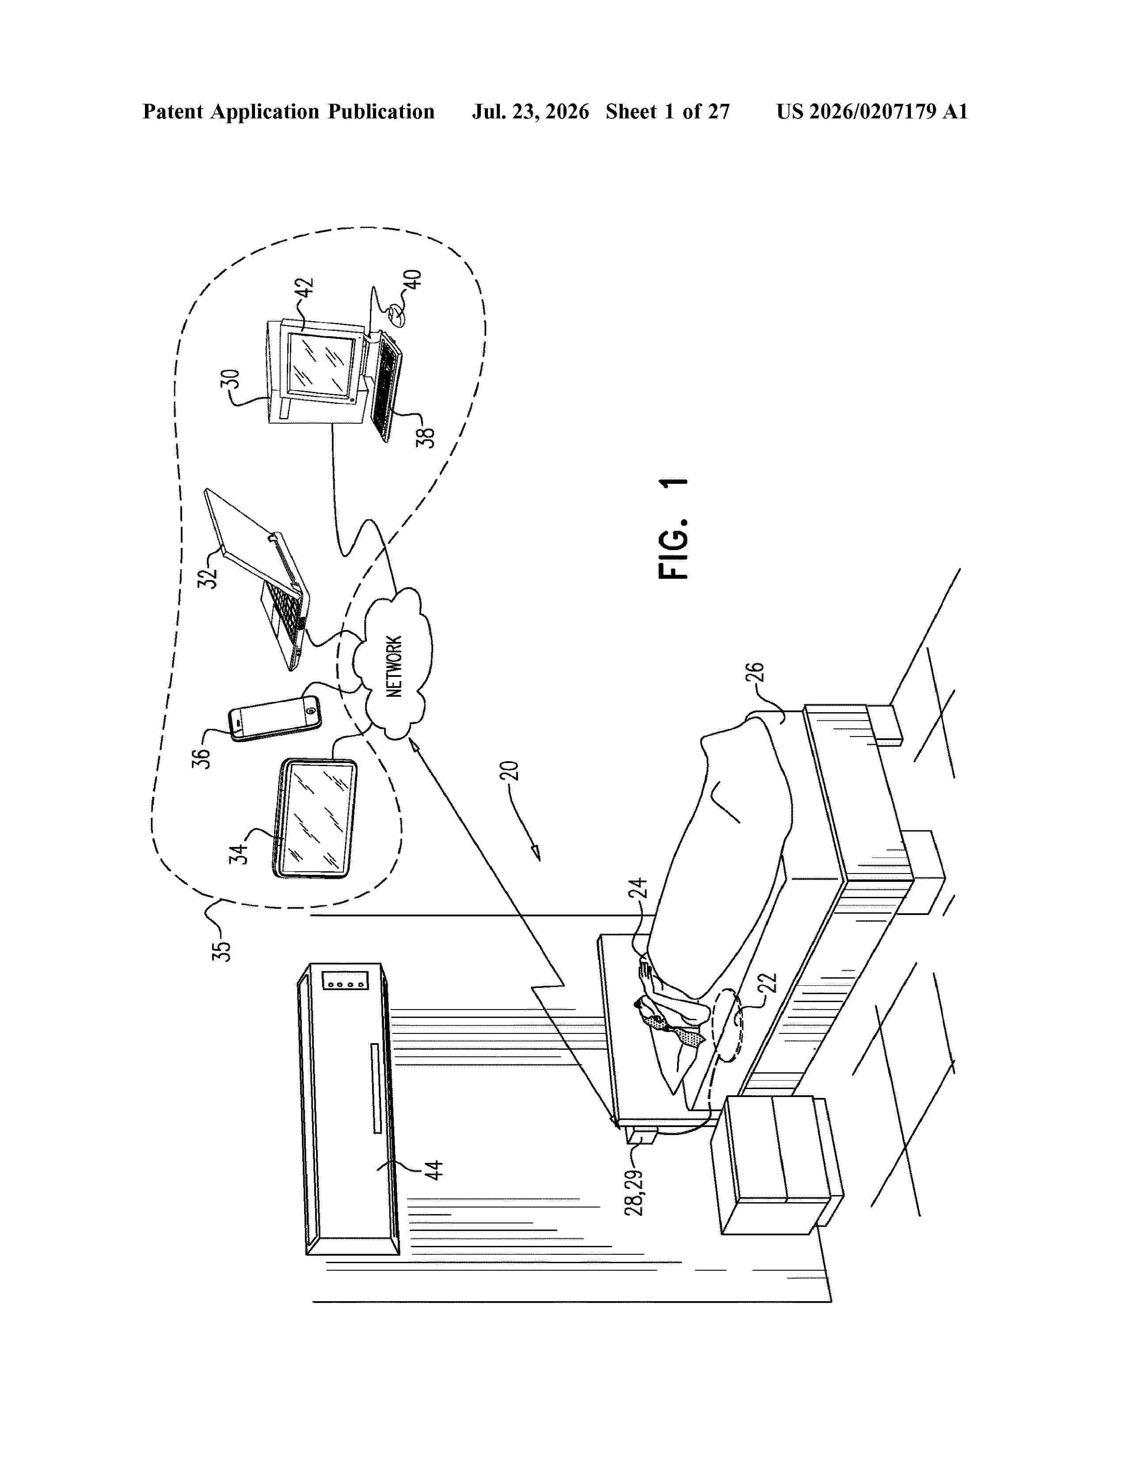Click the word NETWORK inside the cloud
click(x=395, y=666)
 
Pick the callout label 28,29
click(x=634, y=1192)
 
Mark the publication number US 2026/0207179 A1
click(x=872, y=111)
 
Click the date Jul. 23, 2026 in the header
click(x=531, y=111)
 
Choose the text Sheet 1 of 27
click(x=668, y=111)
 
